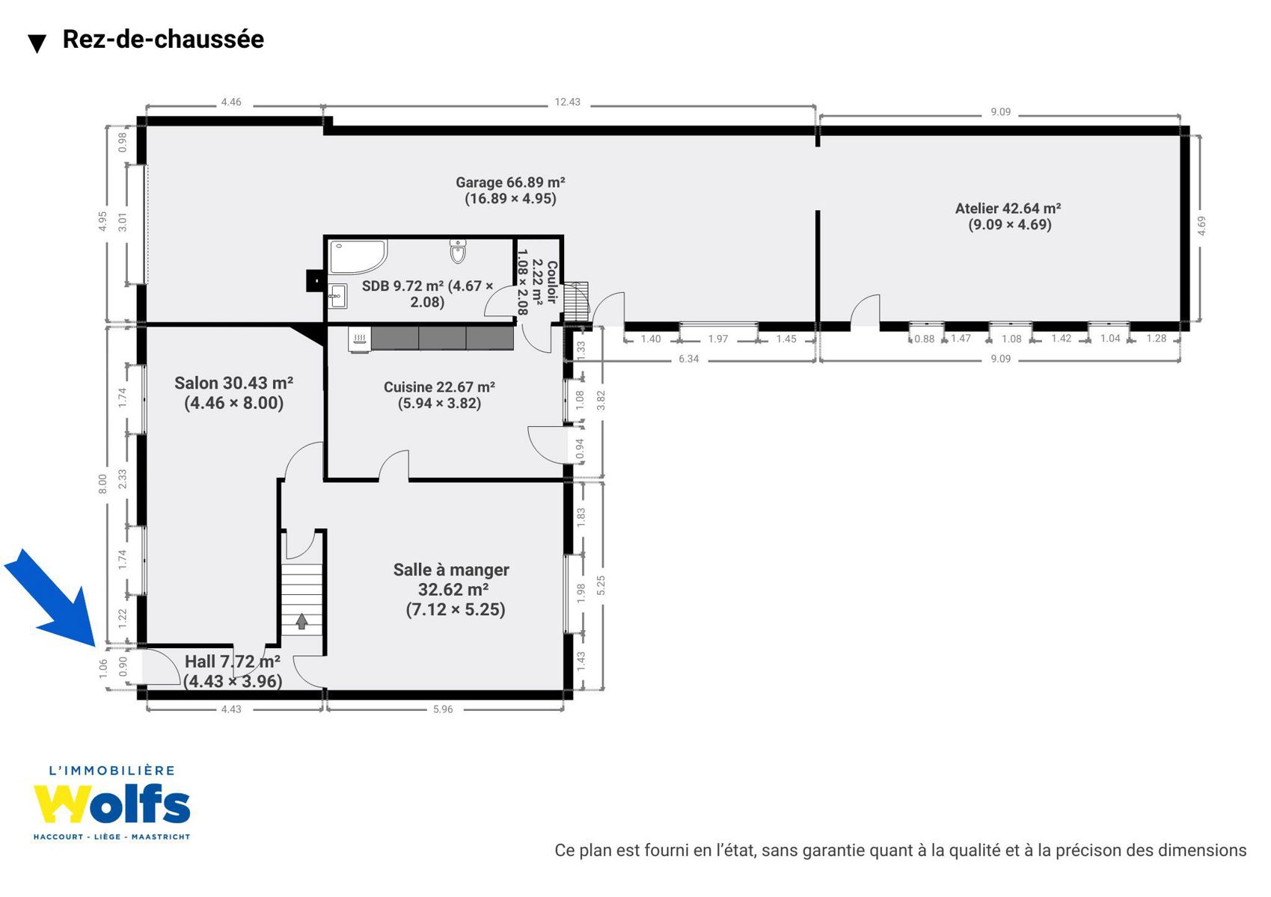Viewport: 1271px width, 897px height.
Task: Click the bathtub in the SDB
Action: coord(358,257)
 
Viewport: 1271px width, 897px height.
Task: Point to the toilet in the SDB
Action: coord(458,251)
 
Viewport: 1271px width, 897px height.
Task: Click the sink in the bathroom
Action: coord(337,295)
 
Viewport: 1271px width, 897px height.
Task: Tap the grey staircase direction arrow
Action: coord(301,621)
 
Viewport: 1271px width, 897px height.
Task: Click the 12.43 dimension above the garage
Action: coord(567,102)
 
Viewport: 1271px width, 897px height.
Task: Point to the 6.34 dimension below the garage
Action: coord(689,358)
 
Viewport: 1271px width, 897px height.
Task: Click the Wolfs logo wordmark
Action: coord(111,804)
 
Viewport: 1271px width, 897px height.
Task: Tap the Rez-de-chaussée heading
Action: coord(163,39)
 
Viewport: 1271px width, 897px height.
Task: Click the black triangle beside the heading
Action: coord(37,43)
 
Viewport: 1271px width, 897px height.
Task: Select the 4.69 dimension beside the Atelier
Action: coord(1201,226)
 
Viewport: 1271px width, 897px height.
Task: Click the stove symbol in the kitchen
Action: coord(360,339)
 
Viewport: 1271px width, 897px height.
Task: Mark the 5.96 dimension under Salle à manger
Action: coord(443,709)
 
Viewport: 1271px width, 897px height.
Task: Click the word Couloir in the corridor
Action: coord(551,282)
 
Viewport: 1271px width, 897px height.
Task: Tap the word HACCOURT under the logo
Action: coord(58,837)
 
